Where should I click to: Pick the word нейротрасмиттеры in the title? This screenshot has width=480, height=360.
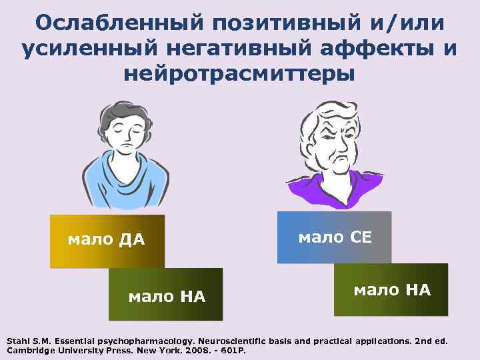point(239,74)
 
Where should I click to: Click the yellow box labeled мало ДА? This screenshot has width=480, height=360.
point(107,241)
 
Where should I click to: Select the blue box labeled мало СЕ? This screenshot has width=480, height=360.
point(334,237)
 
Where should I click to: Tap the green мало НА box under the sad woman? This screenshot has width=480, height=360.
point(166,295)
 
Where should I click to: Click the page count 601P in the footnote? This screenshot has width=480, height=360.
point(233,350)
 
